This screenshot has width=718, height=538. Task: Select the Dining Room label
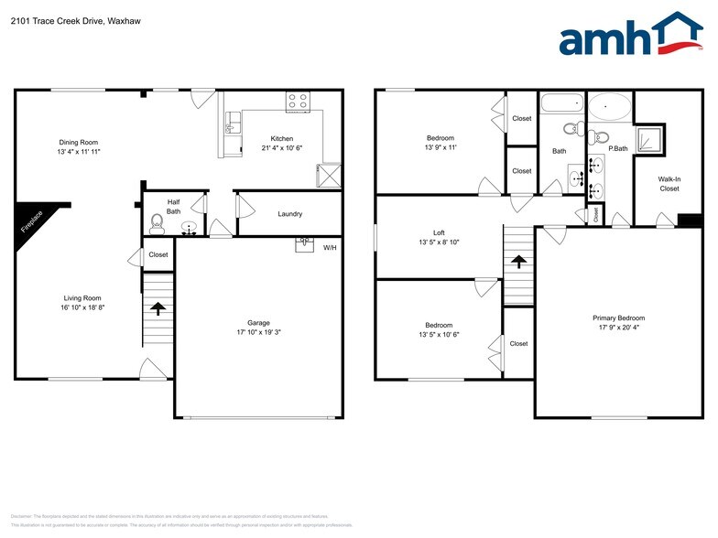coord(78,142)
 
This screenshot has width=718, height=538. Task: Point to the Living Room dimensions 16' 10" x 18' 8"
coord(82,307)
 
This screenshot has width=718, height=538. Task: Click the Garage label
coord(258,323)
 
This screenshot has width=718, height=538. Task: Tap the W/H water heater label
coord(330,246)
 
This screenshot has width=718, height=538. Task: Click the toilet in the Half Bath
coord(157,221)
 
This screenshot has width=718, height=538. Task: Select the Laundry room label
coord(290,214)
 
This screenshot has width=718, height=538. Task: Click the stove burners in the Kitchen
coord(299,101)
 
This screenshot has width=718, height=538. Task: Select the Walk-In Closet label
coord(669,183)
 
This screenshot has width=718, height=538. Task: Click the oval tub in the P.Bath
coord(609,107)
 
